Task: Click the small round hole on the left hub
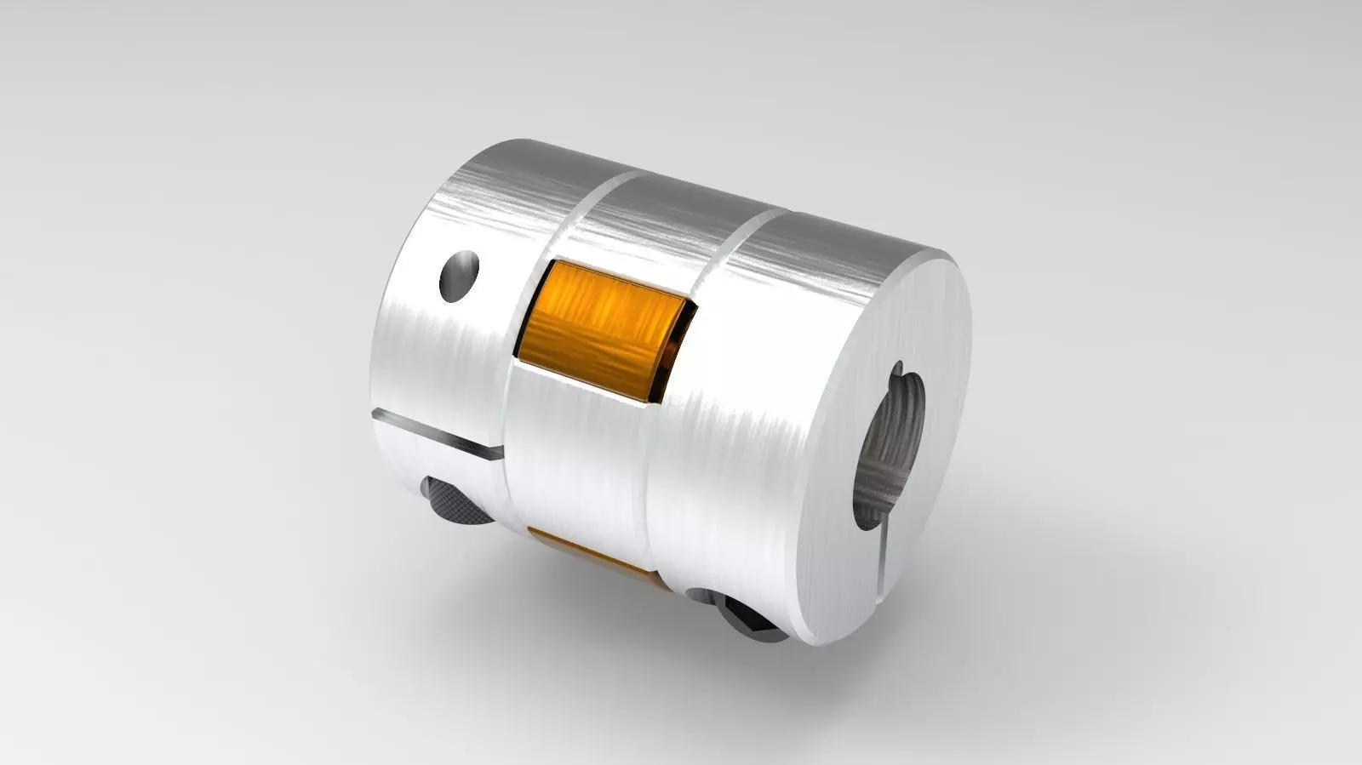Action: click(460, 275)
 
